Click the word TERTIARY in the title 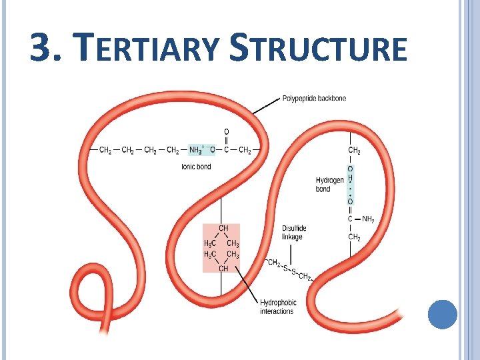click(x=148, y=49)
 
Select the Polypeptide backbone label click(x=314, y=99)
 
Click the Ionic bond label click(x=196, y=167)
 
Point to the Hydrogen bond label click(x=329, y=185)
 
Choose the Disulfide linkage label click(x=292, y=233)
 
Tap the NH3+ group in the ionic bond click(x=197, y=150)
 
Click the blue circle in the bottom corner click(x=442, y=315)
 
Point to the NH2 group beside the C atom click(x=368, y=219)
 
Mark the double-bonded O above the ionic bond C click(x=226, y=131)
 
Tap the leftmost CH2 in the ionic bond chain click(x=105, y=150)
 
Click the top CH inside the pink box click(x=223, y=228)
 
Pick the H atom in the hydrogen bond click(x=350, y=179)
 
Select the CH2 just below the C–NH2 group click(x=354, y=237)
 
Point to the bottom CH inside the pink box click(x=223, y=268)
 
